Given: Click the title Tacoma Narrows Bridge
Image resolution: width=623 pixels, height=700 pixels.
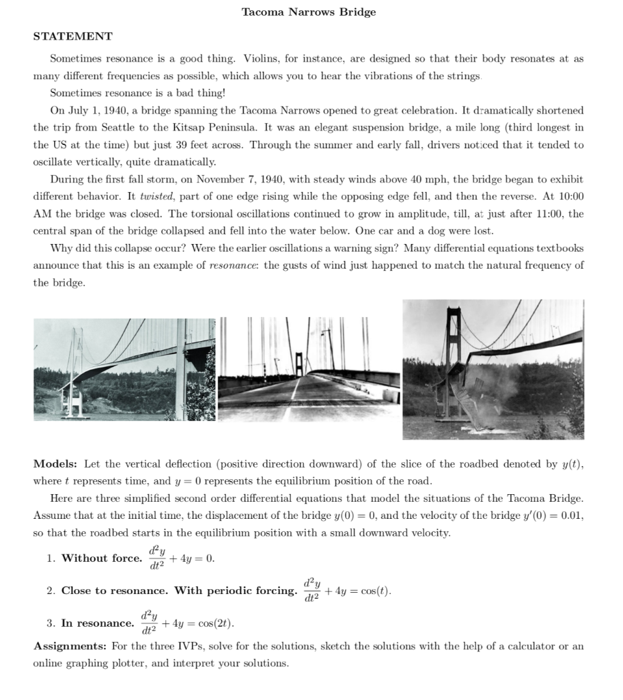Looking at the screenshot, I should click(x=309, y=12).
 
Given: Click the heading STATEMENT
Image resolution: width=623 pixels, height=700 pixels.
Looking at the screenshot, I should click(x=72, y=36).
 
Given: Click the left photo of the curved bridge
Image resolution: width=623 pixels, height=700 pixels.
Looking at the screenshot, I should click(x=124, y=369).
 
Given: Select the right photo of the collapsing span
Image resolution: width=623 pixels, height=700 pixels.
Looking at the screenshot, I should click(x=493, y=369).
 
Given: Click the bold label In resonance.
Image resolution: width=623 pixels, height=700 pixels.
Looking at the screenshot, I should click(x=98, y=623).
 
